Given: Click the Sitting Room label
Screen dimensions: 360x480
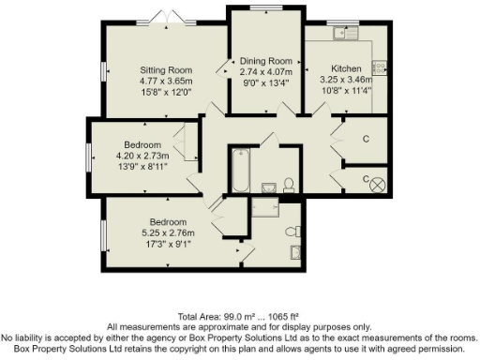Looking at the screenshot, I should click(166, 69).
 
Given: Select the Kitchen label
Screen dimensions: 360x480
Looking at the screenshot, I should click(346, 69).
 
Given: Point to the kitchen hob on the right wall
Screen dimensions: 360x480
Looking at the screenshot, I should click(380, 67).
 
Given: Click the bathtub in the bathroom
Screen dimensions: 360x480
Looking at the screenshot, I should click(239, 170).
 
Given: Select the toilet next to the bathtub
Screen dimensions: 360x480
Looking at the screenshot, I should click(289, 183).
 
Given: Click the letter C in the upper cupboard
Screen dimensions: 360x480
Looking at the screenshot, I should click(365, 138).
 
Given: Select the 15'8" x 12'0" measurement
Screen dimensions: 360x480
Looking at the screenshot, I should click(166, 92).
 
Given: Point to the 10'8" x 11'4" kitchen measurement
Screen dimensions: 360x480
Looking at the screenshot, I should click(346, 91).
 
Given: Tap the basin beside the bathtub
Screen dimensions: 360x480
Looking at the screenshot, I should click(268, 186).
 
